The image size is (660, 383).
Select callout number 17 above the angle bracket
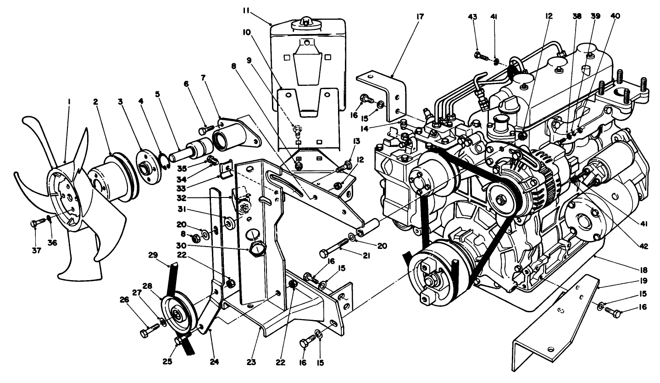coord(421,17)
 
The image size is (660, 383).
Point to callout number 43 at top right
coord(473,17)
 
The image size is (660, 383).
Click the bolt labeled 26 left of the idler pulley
coord(148,331)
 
